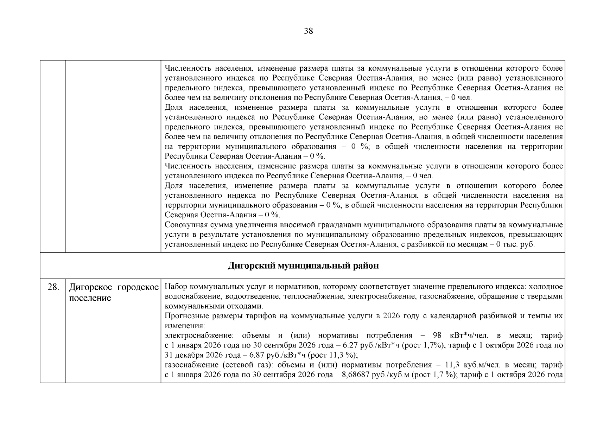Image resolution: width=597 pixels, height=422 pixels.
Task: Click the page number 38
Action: point(308,31)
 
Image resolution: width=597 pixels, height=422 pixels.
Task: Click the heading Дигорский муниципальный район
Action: point(303,266)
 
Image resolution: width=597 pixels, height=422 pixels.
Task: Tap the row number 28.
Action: point(53,287)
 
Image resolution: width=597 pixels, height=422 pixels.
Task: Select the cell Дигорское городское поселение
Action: point(114,293)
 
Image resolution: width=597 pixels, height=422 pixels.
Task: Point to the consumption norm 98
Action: point(437,335)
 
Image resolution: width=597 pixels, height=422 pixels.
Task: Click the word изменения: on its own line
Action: point(184,326)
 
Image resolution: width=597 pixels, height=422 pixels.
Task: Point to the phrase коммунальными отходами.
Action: point(214,306)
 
